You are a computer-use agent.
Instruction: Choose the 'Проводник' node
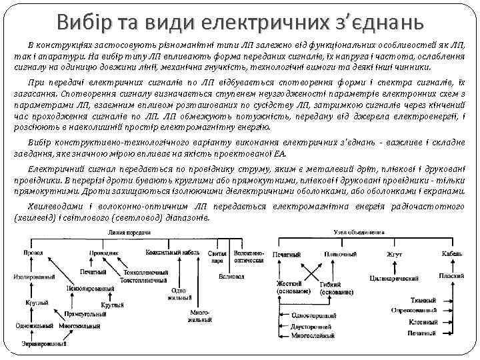point(103,254)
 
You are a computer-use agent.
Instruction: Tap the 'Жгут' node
point(394,255)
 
